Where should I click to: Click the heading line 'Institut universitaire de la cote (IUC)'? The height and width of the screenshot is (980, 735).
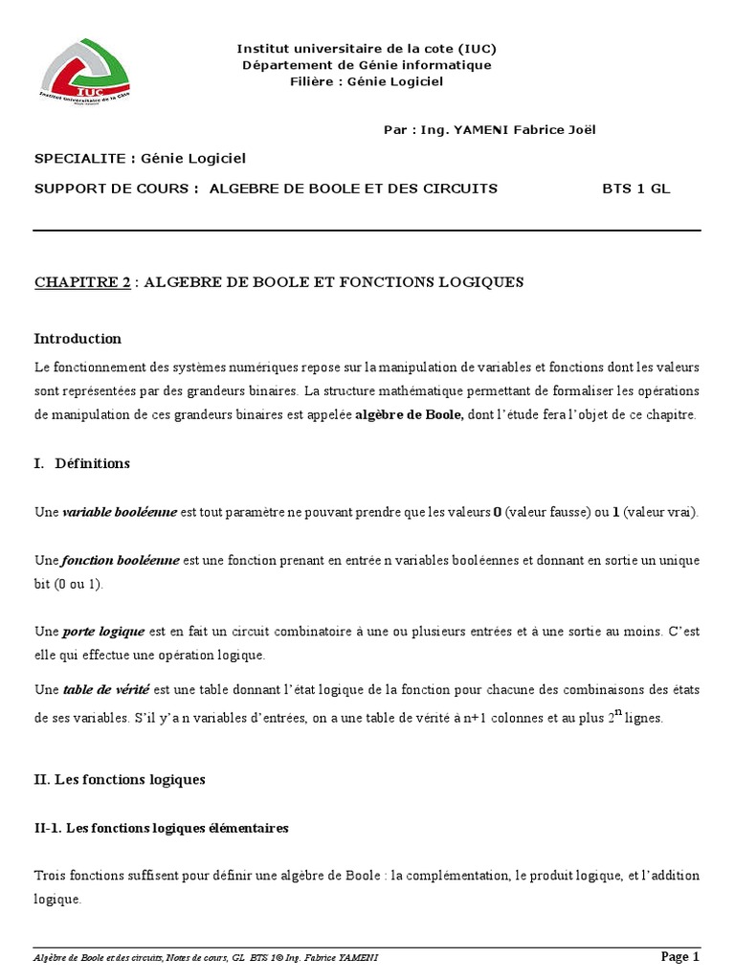click(x=367, y=49)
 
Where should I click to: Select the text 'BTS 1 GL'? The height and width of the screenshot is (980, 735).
click(x=635, y=189)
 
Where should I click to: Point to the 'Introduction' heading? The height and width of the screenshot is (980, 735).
click(x=78, y=338)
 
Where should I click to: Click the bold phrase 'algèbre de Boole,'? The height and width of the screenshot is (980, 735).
click(x=411, y=415)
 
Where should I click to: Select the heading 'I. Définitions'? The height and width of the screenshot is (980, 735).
click(x=81, y=463)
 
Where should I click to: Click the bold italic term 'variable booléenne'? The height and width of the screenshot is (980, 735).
click(x=120, y=512)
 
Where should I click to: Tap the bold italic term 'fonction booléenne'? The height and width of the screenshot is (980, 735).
click(x=120, y=560)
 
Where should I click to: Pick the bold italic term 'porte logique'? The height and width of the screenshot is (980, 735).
click(x=104, y=632)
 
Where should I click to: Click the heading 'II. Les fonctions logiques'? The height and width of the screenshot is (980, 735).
click(x=120, y=780)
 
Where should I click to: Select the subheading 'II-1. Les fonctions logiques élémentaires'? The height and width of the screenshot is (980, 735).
click(x=161, y=828)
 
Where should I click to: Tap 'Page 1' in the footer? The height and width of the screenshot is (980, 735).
click(x=680, y=956)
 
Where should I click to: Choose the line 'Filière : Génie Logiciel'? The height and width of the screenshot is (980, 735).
click(x=367, y=81)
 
